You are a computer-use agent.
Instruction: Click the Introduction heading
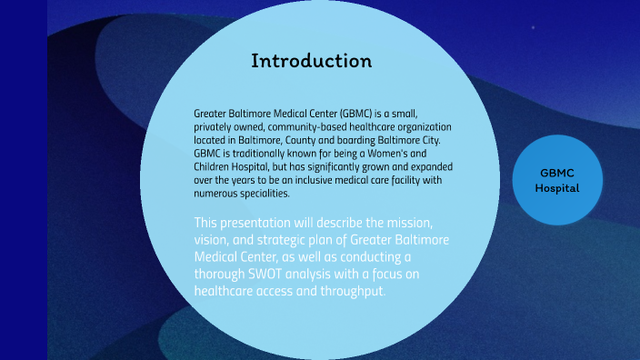tap(312, 62)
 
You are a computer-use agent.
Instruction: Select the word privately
tap(215, 126)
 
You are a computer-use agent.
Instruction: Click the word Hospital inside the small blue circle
tap(556, 188)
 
